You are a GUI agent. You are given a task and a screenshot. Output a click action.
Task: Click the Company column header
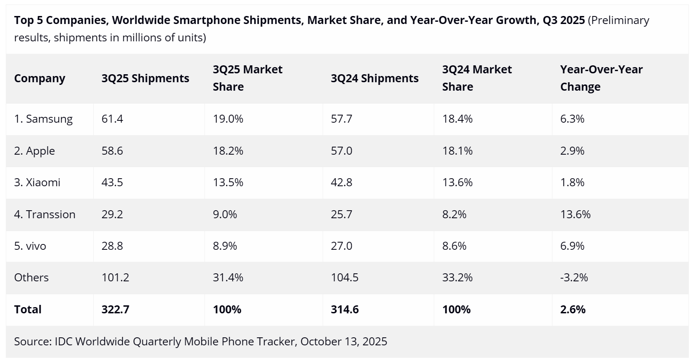click(x=40, y=79)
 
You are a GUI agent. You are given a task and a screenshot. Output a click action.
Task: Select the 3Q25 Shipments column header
click(x=145, y=79)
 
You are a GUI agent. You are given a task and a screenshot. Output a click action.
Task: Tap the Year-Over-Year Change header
click(x=601, y=78)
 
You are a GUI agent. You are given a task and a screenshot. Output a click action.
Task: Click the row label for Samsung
click(x=43, y=119)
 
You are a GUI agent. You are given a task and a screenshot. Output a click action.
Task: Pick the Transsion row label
click(x=44, y=215)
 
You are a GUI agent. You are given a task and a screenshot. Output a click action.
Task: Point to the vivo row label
click(x=30, y=246)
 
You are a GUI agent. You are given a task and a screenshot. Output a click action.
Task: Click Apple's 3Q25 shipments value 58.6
click(x=112, y=151)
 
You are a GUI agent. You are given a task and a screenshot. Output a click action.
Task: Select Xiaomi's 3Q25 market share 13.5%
click(x=228, y=183)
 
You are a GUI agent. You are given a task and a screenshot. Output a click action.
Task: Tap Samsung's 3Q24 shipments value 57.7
click(x=341, y=119)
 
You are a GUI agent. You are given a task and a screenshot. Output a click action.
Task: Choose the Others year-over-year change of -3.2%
click(x=574, y=278)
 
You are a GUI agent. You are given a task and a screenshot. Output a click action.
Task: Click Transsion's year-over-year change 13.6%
click(x=575, y=215)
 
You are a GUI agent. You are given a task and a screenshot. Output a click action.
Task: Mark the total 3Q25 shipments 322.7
click(x=115, y=310)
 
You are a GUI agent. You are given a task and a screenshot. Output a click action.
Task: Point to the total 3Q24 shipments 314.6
click(x=344, y=310)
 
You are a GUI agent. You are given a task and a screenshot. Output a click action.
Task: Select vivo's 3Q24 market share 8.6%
click(x=454, y=246)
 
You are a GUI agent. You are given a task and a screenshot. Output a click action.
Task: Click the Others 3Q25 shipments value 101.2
click(x=115, y=278)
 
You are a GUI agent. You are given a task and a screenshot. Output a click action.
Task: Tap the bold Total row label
click(x=28, y=310)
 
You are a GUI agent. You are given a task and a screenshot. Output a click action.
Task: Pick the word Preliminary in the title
click(x=619, y=20)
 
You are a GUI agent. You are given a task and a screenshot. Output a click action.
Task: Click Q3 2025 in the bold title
click(x=564, y=20)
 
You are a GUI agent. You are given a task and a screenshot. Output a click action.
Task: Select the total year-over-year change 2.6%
click(x=572, y=310)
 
